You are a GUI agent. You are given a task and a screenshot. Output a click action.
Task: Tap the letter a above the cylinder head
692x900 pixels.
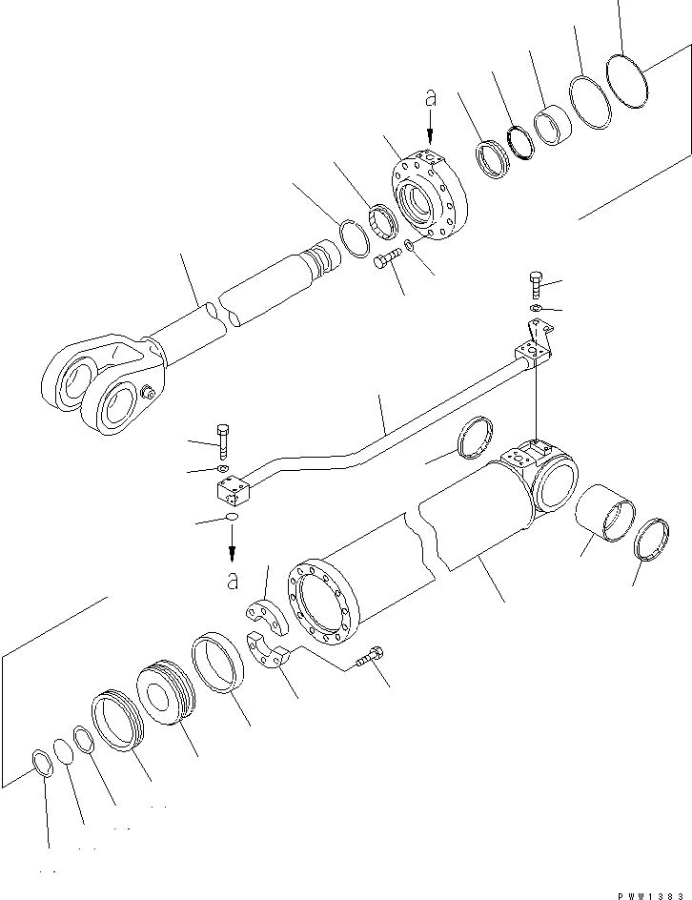(430, 98)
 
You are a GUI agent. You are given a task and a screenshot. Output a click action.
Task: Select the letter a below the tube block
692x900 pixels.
(233, 578)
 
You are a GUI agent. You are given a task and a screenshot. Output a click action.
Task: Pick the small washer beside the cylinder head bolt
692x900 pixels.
(408, 248)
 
